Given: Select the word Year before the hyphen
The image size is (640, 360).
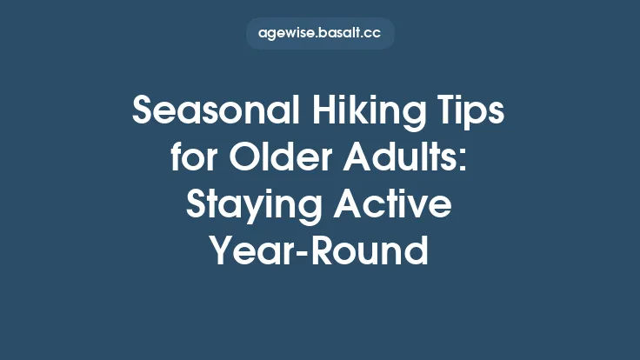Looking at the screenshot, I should [247, 252].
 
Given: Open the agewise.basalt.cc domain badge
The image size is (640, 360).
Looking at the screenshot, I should [320, 33].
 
